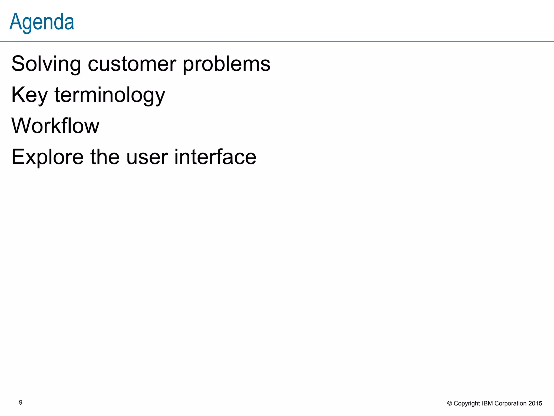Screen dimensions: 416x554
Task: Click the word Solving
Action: (x=46, y=64)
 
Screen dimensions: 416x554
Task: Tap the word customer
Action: (x=132, y=64)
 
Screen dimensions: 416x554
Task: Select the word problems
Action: (x=226, y=64)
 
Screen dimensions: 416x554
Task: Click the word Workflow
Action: (x=55, y=126)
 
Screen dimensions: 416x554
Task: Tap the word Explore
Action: (x=48, y=157)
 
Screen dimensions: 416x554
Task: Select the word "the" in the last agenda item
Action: (x=105, y=157)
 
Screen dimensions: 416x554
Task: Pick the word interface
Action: (x=215, y=157)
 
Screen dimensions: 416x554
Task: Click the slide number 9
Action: (x=21, y=402)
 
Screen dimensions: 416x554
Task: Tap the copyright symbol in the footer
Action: (x=450, y=404)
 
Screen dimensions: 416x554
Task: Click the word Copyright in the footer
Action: (x=467, y=404)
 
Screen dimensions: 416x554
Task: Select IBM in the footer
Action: (x=487, y=404)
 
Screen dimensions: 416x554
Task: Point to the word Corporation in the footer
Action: (x=510, y=404)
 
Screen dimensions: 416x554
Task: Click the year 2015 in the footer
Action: (x=535, y=404)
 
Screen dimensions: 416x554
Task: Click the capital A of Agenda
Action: (x=15, y=22)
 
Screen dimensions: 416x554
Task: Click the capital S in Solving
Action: (x=18, y=64)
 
